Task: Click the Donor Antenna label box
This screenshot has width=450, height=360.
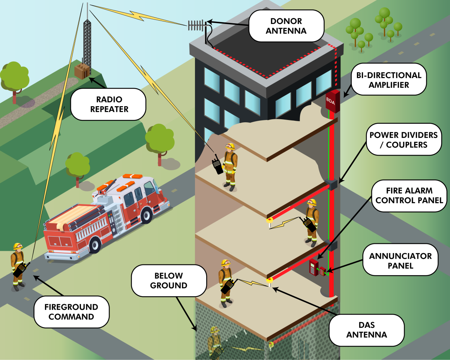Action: tap(286, 25)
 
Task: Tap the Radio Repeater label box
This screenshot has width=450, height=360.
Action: tap(108, 104)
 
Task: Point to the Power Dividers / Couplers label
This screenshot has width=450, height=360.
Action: tap(403, 139)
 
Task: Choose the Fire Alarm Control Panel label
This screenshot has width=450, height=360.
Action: tap(409, 195)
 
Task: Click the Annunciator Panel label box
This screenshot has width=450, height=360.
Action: tap(400, 261)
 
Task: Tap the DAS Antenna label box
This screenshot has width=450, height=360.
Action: tap(367, 330)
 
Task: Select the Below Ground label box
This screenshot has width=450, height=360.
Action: tap(168, 280)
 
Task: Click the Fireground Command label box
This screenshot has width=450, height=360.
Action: tap(71, 312)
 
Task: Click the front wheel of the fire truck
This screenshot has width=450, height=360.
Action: tap(95, 245)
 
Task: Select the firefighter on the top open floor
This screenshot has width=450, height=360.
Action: tap(229, 165)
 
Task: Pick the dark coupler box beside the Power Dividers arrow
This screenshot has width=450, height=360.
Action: tap(331, 184)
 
